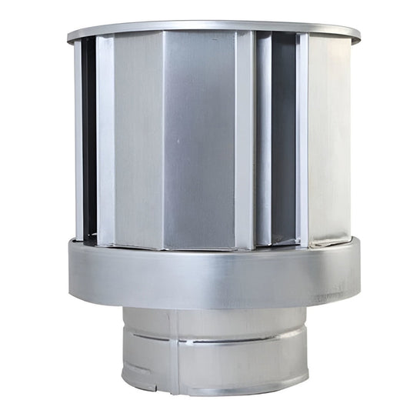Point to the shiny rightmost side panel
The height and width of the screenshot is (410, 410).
(x=329, y=138)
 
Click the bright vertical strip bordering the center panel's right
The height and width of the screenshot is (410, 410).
(x=245, y=138)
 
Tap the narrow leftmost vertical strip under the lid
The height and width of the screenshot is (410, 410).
(x=78, y=138)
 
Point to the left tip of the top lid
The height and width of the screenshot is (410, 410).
(x=68, y=36)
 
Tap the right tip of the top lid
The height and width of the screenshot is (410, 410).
(x=359, y=34)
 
